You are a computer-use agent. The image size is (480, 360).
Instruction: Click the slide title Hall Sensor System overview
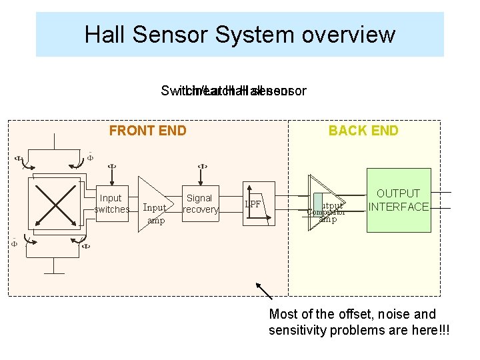point(239,34)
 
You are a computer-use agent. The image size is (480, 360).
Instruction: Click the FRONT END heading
point(147,131)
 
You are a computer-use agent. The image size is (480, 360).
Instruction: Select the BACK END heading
point(363,131)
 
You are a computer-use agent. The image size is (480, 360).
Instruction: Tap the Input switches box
point(111,203)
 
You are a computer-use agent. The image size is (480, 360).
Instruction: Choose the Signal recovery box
point(200,203)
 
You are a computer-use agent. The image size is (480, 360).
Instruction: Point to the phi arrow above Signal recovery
point(201,171)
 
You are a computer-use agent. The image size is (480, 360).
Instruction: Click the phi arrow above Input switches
point(111,171)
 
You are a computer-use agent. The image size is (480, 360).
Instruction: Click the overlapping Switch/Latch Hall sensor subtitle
point(233,91)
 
